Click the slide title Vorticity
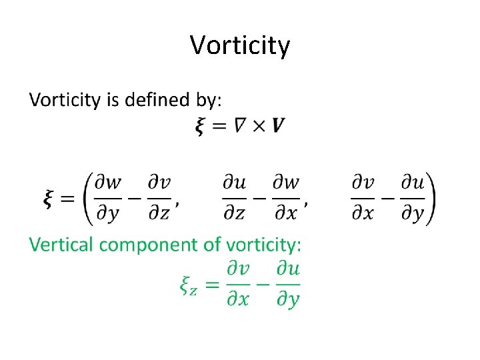pos(240,45)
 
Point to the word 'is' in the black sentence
pos(113,101)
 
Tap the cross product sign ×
pos(259,125)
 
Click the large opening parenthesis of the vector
pos(87,198)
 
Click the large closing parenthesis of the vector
pos(431,198)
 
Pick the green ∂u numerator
pos(288,270)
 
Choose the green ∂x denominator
pos(237,299)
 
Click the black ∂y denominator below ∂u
pos(413,212)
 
